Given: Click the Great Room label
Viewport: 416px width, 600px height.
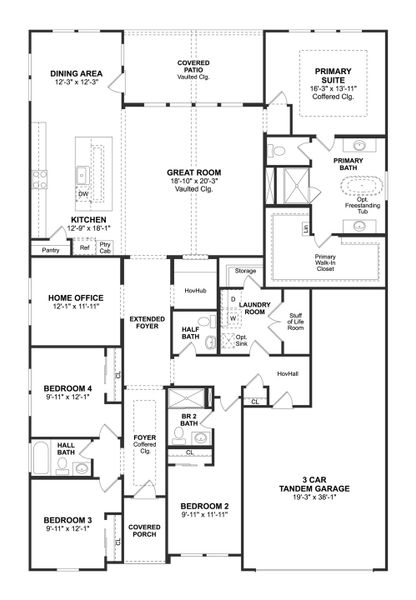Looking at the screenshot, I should tap(193, 173).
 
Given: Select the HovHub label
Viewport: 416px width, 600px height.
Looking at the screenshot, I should tap(193, 290).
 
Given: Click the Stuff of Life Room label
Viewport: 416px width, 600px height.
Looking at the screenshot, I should tap(295, 321).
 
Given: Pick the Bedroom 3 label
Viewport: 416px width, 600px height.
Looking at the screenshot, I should tap(67, 521).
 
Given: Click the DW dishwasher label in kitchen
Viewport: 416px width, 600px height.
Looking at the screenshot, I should tap(84, 194).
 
